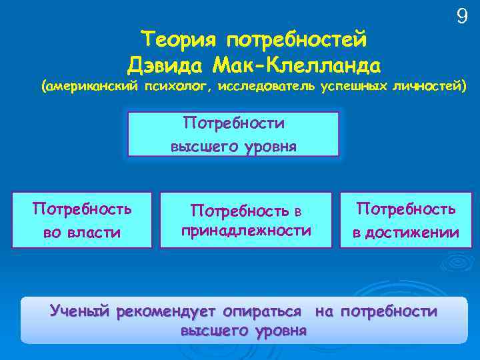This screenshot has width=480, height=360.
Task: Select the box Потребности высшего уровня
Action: point(233,135)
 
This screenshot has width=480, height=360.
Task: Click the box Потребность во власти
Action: point(82,220)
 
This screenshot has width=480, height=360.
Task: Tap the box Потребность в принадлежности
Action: point(246,220)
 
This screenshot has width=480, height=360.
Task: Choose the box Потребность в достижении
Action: point(406,220)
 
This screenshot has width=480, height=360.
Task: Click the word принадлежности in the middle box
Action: point(246,231)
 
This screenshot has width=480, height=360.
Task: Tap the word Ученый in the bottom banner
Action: point(79,311)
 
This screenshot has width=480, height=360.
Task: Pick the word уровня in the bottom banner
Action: point(278,330)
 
